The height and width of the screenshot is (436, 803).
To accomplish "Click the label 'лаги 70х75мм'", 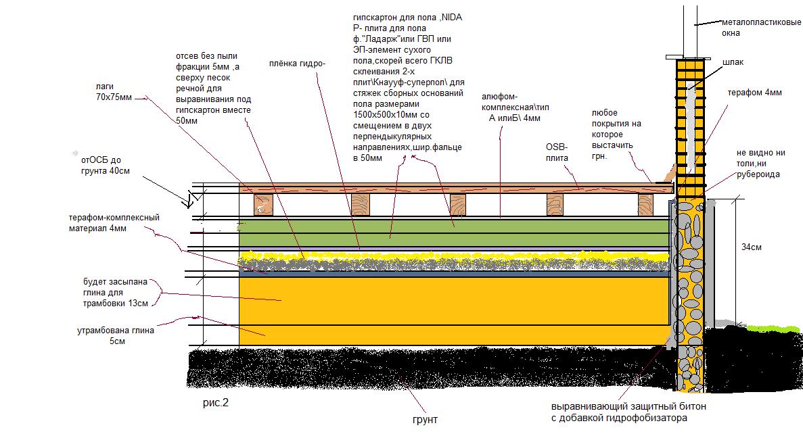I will [x=112, y=92].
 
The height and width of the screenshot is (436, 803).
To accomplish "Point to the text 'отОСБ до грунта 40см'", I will [x=102, y=166].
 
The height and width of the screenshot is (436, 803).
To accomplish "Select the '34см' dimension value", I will [x=752, y=247].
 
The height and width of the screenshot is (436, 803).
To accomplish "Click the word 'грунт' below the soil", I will [x=424, y=419].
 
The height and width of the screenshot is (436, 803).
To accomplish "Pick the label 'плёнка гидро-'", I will [x=297, y=64].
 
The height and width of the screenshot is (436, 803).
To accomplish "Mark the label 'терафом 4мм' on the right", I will [x=754, y=93].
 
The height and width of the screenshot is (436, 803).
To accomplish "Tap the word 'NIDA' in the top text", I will [x=451, y=17].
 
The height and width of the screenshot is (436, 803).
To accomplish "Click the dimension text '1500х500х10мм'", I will [x=388, y=115].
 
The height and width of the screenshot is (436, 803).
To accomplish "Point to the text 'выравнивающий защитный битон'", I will [x=629, y=408].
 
